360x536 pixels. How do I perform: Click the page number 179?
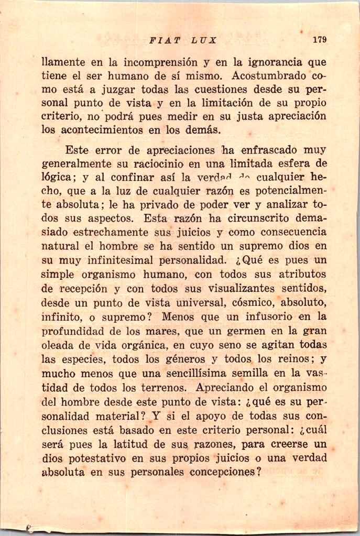pyautogui.click(x=319, y=39)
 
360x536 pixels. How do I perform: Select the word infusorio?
pyautogui.click(x=273, y=316)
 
